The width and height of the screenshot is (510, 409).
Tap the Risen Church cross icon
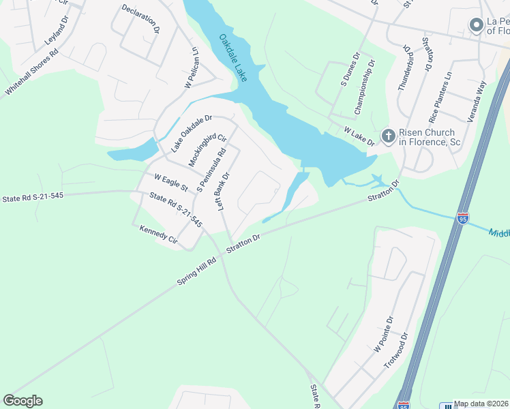[x=388, y=136]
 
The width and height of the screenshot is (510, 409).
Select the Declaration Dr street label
[x=140, y=19]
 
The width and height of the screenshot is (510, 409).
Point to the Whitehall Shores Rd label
[x=32, y=72]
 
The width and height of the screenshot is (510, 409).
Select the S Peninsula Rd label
[x=211, y=170]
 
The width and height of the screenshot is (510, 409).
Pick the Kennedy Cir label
[x=158, y=235]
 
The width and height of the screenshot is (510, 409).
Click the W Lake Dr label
[x=359, y=136]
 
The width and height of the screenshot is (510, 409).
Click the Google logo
[x=22, y=401]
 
